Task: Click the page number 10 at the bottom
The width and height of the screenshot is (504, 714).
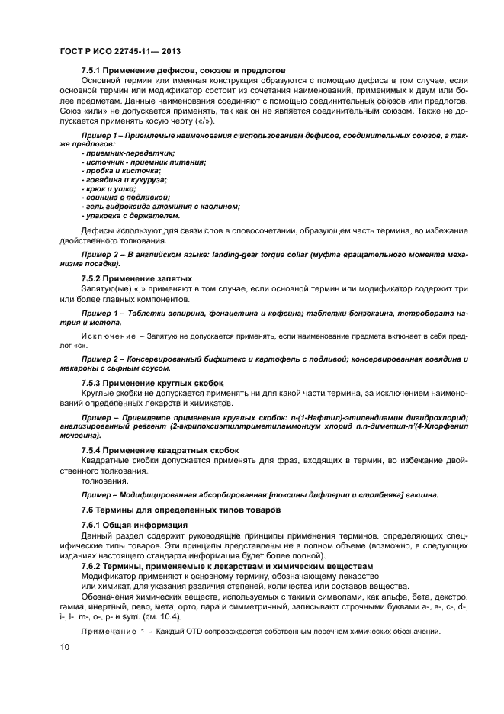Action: (63, 647)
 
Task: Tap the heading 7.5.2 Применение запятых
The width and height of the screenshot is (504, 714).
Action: (136, 278)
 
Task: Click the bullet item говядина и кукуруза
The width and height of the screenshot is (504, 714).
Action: (124, 179)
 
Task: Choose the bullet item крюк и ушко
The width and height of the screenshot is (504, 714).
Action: (109, 188)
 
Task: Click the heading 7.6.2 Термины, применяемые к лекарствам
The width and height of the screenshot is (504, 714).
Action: (226, 566)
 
